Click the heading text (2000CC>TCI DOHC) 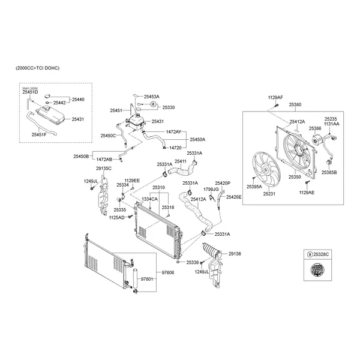(38, 68)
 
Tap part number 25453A (151, 96)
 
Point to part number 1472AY (173, 131)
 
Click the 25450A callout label (197, 139)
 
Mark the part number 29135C (104, 169)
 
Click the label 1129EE (132, 180)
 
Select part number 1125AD (116, 217)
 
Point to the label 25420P (223, 182)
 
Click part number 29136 (234, 254)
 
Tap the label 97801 (148, 279)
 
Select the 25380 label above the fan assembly (295, 104)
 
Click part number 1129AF (275, 97)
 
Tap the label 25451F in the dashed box (40, 134)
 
